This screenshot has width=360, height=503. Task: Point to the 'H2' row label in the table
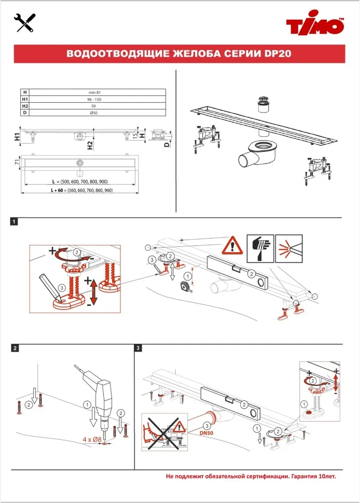point(24,105)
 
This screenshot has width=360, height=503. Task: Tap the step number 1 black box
point(15,222)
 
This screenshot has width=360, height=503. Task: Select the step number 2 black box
point(15,348)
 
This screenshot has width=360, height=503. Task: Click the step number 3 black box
point(138,348)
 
